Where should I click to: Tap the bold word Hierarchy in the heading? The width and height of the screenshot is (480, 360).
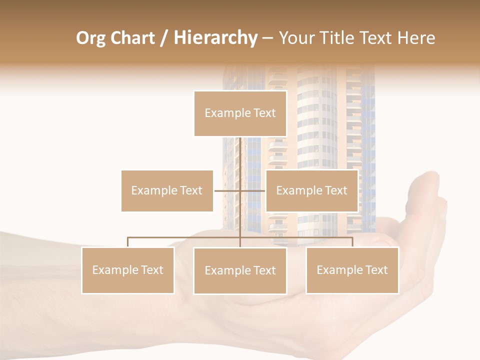tap(215, 38)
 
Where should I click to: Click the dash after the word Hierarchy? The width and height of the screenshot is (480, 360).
tap(267, 38)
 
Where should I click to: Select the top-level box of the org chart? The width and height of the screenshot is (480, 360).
tap(240, 113)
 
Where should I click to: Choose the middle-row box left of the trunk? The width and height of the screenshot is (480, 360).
tap(167, 190)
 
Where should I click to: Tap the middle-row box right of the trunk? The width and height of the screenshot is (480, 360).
tap(311, 190)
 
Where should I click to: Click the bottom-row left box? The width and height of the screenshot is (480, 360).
tap(128, 270)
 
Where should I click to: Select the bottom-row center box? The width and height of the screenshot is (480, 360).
tap(240, 270)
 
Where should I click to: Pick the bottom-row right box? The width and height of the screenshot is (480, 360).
tap(352, 270)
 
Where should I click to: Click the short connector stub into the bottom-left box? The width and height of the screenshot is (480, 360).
tap(128, 242)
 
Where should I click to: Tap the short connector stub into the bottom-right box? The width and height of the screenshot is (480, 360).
tap(352, 242)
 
